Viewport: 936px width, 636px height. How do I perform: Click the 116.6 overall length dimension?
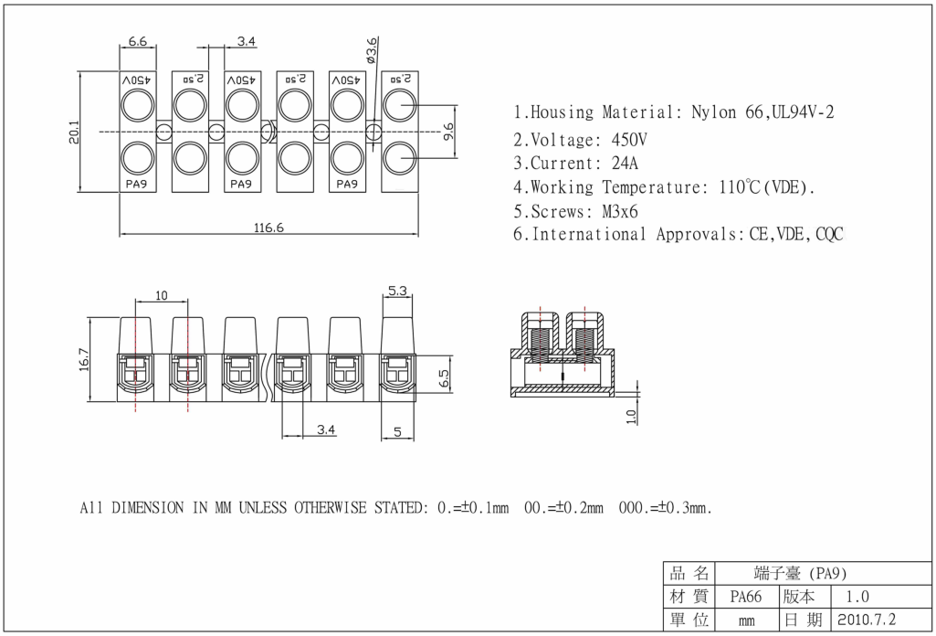[268, 228]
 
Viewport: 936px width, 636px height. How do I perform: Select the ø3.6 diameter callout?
[371, 51]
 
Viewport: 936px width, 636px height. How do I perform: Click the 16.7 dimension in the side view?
[84, 359]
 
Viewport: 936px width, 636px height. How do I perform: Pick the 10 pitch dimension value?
[162, 295]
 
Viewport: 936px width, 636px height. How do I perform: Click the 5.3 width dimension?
[397, 291]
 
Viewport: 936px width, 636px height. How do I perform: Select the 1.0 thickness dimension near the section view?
[630, 417]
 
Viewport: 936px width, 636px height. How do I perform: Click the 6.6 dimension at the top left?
[137, 41]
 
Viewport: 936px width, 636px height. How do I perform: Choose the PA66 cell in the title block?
[745, 598]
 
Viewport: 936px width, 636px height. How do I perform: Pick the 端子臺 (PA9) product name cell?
[800, 574]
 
